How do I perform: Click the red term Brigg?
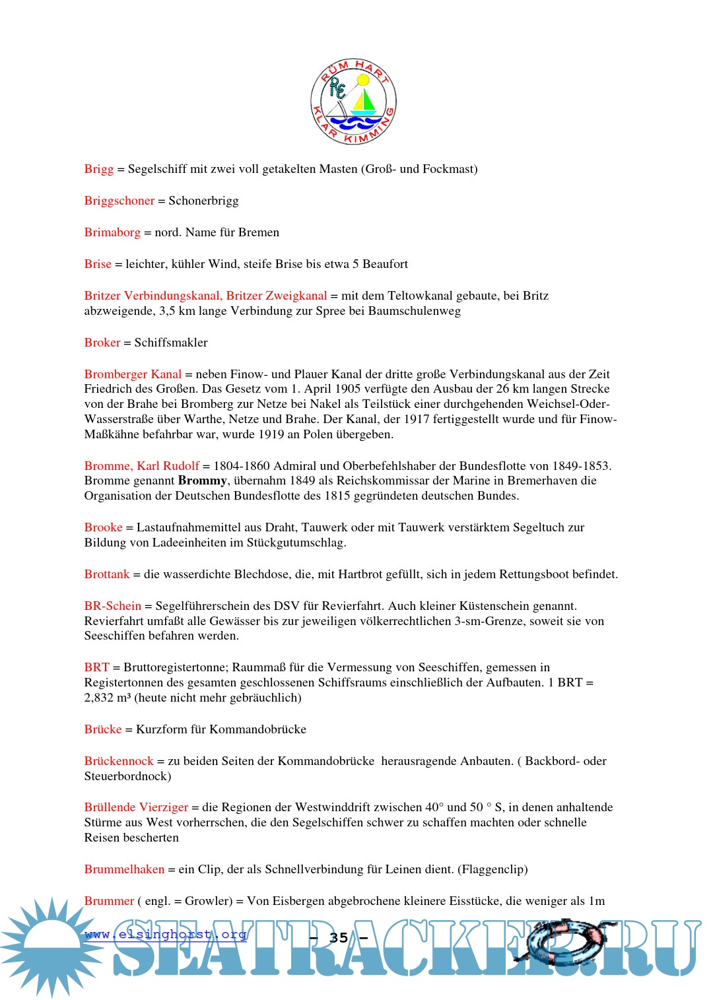99,169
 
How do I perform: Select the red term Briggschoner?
119,201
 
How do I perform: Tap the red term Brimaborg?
112,232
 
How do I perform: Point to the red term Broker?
102,343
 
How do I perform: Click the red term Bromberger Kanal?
133,374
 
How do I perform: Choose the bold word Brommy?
203,481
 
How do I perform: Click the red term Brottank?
107,574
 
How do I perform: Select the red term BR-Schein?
113,606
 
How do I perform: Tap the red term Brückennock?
119,761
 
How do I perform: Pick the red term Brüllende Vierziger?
136,807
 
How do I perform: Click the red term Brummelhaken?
124,869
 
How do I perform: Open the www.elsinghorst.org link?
166,934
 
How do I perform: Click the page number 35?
339,937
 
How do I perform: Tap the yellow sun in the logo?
362,81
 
